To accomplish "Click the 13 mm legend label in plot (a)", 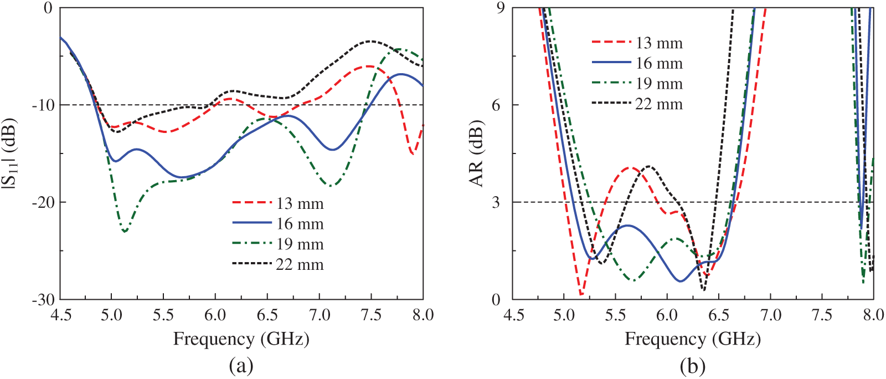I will (300, 204).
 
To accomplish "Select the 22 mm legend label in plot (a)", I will (300, 265).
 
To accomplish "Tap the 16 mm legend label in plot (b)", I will (659, 64).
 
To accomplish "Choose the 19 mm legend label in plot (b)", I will (659, 84).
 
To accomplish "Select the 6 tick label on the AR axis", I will (496, 105).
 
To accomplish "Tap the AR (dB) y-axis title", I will (477, 153).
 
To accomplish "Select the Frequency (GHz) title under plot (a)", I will (241, 339).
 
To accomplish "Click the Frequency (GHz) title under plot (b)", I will (693, 339).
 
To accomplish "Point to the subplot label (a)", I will (241, 366).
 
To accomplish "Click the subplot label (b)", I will (693, 366).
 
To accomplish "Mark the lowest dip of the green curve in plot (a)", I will (125, 232).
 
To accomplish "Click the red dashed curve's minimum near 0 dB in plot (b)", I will (581, 294).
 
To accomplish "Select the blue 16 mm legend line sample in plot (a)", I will (252, 223).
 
